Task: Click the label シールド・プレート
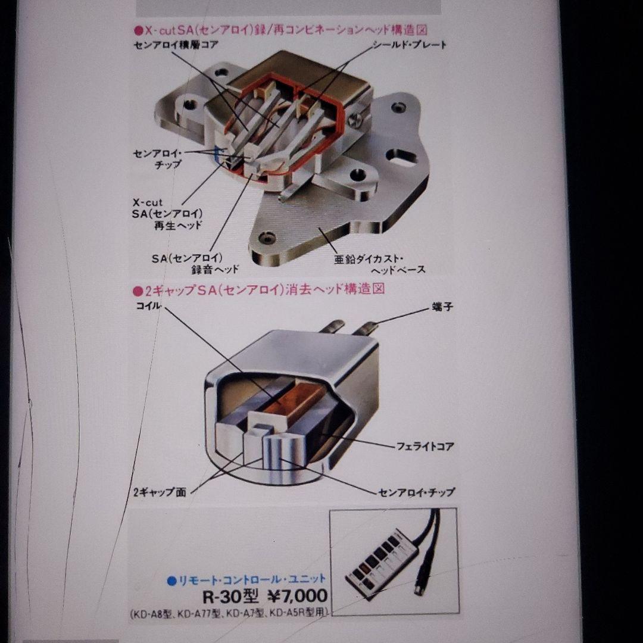point(409,45)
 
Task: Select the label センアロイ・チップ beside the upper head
point(157,159)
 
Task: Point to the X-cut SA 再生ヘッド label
point(173,214)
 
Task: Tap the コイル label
point(148,307)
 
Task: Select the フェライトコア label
point(425,445)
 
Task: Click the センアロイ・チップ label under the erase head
point(416,492)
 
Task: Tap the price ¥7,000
point(296,595)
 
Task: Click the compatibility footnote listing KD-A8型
point(229,613)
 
